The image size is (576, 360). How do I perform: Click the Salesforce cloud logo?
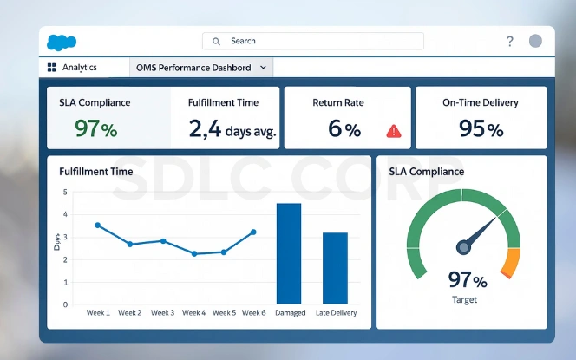tap(62, 42)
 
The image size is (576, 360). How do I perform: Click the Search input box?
tap(312, 41)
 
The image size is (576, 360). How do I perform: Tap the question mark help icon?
tap(509, 42)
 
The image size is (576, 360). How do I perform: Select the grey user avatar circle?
tap(535, 41)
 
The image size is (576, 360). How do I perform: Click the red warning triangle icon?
tap(394, 131)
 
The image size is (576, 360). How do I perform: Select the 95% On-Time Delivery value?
tap(481, 129)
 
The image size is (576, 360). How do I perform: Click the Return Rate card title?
tap(339, 102)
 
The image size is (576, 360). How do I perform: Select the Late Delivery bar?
tap(335, 268)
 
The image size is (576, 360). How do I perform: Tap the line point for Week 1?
tap(97, 225)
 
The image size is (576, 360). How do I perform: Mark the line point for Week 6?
tap(253, 232)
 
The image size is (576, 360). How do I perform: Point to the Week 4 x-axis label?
tap(193, 313)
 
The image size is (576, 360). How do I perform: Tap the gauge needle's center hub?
tap(463, 247)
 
